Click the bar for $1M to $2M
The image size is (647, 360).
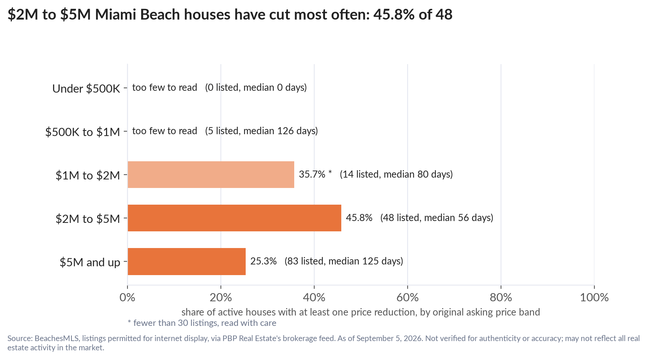click(x=211, y=175)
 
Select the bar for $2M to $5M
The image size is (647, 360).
click(x=235, y=218)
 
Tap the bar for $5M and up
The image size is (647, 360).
click(x=187, y=261)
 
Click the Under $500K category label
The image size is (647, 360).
click(x=86, y=89)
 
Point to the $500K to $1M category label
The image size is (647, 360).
click(x=83, y=132)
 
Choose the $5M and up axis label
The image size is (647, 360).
click(x=90, y=262)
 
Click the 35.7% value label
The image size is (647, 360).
click(x=312, y=174)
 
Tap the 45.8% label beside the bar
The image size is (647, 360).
click(x=359, y=218)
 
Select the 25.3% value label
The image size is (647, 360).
click(x=263, y=261)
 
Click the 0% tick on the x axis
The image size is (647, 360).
click(x=127, y=297)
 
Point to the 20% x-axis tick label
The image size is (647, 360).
click(x=221, y=297)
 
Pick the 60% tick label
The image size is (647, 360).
click(x=408, y=297)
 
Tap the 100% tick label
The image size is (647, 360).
click(x=594, y=297)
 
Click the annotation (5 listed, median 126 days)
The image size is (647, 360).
click(x=262, y=131)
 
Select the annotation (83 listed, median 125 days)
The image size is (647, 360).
click(x=344, y=261)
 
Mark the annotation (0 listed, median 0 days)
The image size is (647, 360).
click(x=256, y=87)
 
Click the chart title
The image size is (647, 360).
click(x=230, y=15)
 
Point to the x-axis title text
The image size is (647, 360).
click(x=361, y=312)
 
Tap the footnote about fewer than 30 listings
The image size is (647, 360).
click(x=202, y=323)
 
